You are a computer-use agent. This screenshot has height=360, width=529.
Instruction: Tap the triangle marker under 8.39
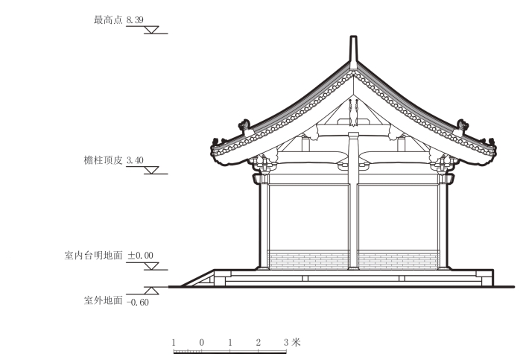click(x=153, y=30)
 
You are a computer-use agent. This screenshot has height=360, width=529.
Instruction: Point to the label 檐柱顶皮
click(x=104, y=160)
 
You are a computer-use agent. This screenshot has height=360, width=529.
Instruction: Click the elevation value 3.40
click(x=135, y=160)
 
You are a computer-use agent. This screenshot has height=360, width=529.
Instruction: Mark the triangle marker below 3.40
click(x=153, y=170)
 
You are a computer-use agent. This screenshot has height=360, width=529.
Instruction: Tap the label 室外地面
click(x=103, y=300)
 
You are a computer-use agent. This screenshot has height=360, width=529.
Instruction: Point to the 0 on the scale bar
click(x=202, y=342)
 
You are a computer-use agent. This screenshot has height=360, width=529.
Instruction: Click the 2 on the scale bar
click(x=258, y=342)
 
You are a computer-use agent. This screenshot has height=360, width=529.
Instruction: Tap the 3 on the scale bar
click(x=285, y=342)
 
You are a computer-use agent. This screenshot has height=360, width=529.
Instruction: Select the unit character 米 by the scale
click(x=296, y=342)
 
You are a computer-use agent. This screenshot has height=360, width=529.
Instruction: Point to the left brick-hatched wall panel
click(x=308, y=259)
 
